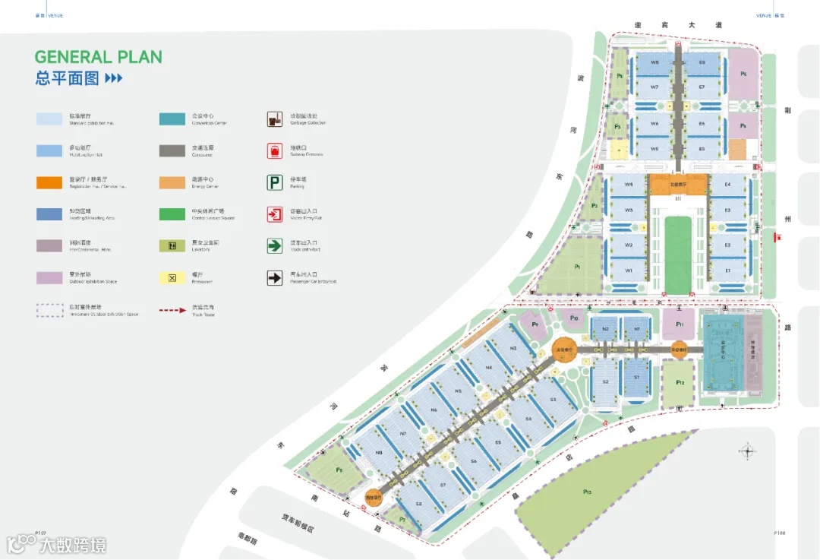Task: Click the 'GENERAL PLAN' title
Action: click(98, 57)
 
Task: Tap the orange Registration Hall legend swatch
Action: click(50, 182)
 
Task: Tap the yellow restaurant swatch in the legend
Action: click(172, 278)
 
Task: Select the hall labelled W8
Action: click(654, 62)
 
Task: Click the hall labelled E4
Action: click(727, 185)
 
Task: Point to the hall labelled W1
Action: click(629, 271)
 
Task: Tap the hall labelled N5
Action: click(458, 391)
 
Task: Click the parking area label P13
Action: click(587, 492)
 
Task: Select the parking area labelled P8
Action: click(339, 470)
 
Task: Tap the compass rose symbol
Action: click(748, 451)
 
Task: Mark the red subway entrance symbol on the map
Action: click(776, 238)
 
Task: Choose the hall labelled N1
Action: click(636, 329)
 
